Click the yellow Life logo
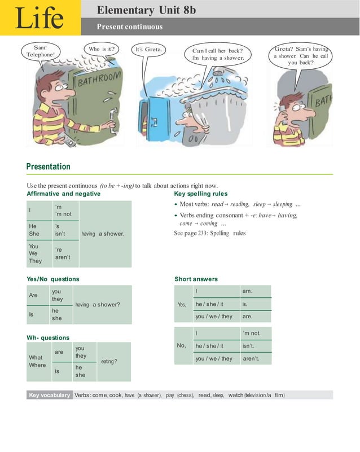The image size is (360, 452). pos(39,17)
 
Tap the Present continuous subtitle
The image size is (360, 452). pos(129,27)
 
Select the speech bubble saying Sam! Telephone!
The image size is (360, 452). pos(41,51)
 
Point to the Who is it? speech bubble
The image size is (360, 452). pos(102,49)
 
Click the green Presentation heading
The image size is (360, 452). pos(49,166)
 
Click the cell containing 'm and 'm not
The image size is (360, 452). pos(65,210)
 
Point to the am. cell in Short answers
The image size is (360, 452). pos(255,291)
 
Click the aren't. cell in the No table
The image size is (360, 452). pos(255,358)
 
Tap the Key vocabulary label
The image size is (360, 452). pos(50,395)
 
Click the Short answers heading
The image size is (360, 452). pos(196,279)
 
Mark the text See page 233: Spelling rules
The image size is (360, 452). pos(210,233)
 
